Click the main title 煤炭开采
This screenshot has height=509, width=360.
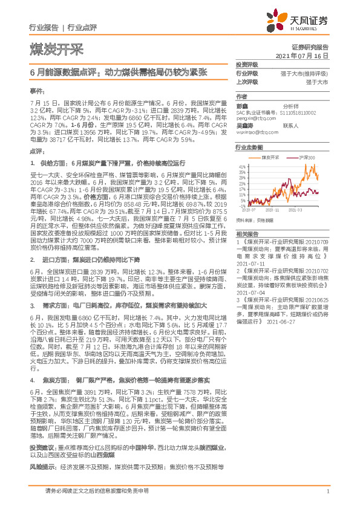56,49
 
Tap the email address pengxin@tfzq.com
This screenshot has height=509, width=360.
253,118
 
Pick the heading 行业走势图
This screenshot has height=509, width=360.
249,148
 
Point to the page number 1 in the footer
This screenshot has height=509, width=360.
327,493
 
